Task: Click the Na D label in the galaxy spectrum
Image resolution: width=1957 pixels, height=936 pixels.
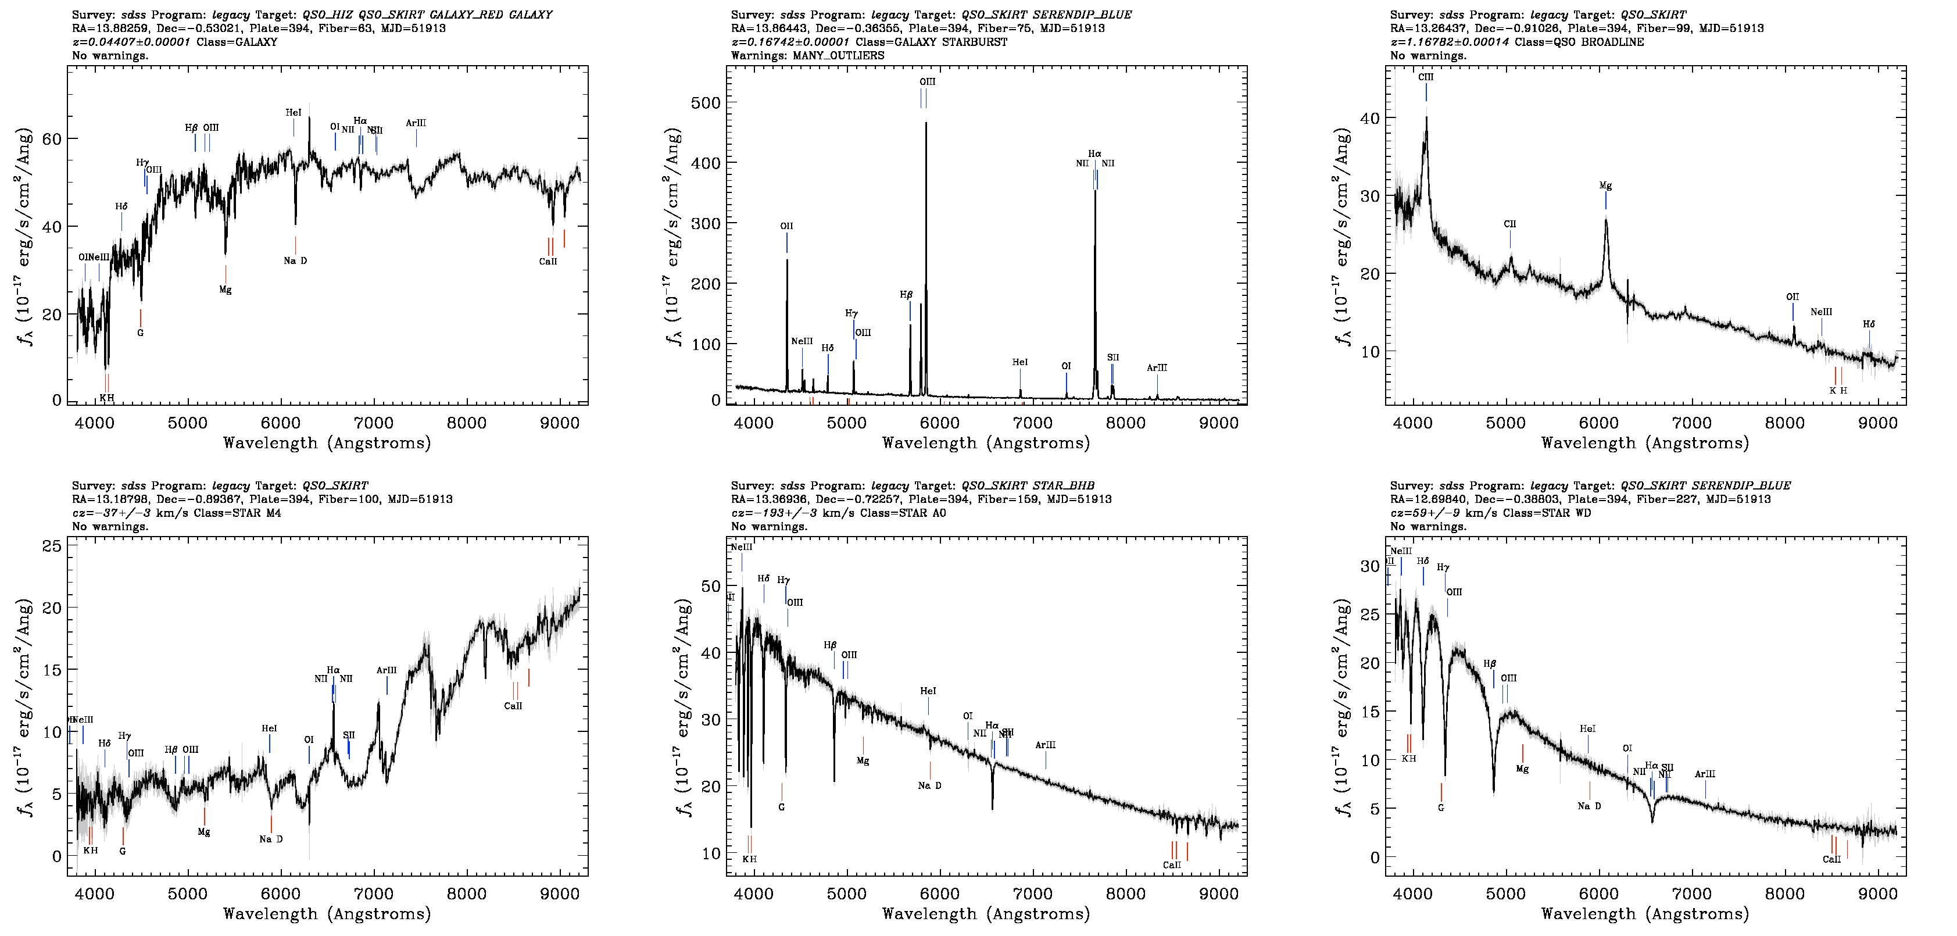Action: [295, 260]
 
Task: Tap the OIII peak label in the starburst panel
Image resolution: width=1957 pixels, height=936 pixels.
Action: [927, 81]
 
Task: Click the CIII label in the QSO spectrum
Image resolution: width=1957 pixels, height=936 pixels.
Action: [1425, 77]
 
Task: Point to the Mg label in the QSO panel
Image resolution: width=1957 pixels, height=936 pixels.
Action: [1605, 185]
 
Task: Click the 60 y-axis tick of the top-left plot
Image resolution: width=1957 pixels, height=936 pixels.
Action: [52, 139]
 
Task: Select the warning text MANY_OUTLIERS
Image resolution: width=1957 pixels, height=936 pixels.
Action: [838, 55]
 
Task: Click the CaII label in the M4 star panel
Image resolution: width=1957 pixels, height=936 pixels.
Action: [513, 706]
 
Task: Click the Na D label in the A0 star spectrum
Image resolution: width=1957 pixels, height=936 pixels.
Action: [929, 785]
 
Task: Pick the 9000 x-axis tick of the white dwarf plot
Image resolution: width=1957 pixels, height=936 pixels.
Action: [1877, 894]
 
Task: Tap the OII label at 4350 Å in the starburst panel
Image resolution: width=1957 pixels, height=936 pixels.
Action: [786, 226]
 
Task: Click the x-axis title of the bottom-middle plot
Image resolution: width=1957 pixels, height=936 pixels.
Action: [985, 913]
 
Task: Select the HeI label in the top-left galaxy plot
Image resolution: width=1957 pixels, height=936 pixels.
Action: [294, 112]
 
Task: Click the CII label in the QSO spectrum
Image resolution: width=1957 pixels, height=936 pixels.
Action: [1509, 224]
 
